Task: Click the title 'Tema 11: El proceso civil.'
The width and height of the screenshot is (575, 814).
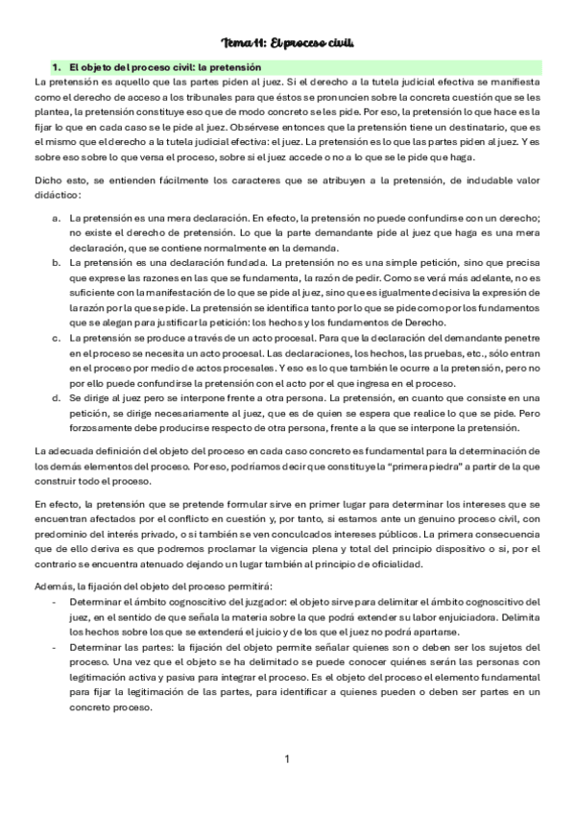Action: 288,43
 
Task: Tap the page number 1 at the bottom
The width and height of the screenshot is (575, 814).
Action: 287,759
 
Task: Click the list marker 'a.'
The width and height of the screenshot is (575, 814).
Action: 58,219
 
